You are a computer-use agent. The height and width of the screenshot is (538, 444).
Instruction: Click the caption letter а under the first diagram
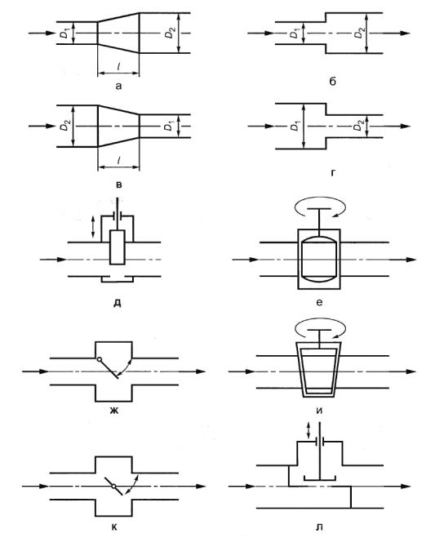[x=118, y=86]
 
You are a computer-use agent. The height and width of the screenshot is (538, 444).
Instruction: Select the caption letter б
[x=332, y=82]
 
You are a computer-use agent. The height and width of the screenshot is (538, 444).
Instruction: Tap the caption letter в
[x=118, y=185]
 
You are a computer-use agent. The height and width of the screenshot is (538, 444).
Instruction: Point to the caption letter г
[x=333, y=173]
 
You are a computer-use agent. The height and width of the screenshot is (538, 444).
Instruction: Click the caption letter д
[x=117, y=304]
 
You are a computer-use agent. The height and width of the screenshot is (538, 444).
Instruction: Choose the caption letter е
[x=319, y=302]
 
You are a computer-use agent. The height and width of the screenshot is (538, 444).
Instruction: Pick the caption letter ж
[x=114, y=410]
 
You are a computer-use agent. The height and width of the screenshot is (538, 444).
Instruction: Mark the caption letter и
[x=319, y=411]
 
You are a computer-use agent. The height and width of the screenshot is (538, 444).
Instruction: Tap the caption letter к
[x=114, y=527]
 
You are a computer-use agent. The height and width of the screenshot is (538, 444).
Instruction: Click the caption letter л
[x=319, y=527]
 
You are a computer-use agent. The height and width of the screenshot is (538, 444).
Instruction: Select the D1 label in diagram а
[x=64, y=34]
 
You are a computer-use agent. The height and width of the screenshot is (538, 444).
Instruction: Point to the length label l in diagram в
[x=118, y=160]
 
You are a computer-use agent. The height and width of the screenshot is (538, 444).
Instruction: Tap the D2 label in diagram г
[x=358, y=126]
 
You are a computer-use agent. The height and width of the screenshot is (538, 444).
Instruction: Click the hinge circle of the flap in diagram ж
[x=99, y=359]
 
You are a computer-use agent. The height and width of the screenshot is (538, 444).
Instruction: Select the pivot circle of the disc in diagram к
[x=113, y=487]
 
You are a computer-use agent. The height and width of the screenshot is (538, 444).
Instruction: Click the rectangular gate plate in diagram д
[x=117, y=247]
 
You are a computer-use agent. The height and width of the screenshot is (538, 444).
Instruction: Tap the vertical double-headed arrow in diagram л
[x=309, y=430]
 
